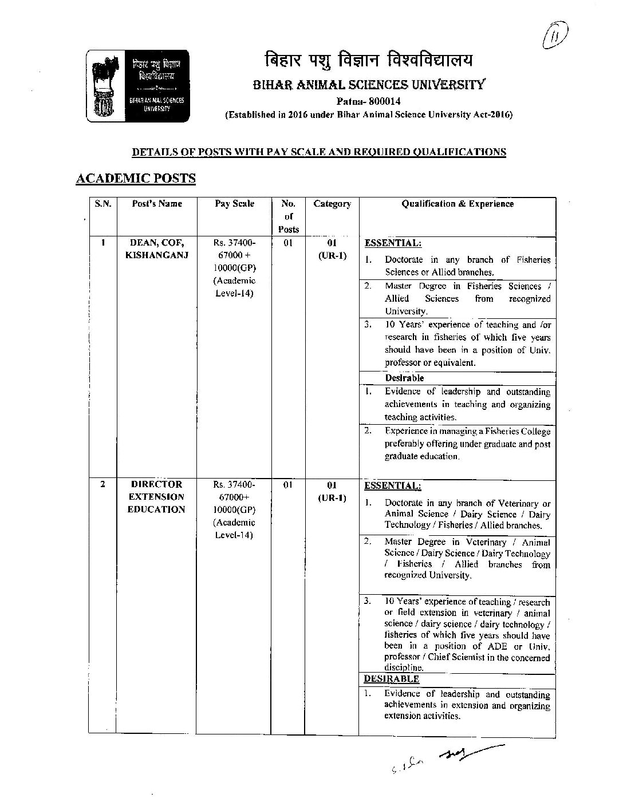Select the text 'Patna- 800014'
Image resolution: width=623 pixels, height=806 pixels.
368,101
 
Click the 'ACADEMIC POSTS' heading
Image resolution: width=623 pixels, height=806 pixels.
136,178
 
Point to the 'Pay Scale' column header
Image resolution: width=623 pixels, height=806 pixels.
234,204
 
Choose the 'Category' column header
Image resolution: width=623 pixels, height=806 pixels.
332,204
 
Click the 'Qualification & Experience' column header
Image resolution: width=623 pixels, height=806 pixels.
457,204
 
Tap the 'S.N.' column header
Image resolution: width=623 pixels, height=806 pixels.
102,204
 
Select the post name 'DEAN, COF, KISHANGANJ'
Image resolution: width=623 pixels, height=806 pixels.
156,249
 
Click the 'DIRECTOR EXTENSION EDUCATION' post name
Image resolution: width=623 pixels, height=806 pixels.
156,497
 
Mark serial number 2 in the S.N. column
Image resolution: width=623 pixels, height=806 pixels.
102,484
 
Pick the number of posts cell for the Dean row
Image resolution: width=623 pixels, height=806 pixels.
288,243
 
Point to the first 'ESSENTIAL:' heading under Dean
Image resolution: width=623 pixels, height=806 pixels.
393,243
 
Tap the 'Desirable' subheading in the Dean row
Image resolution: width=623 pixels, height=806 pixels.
404,378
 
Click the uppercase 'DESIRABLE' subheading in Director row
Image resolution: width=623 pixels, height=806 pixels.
392,679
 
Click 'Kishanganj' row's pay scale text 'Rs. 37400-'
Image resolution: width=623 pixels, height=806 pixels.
234,243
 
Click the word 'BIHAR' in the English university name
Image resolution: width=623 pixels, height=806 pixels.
274,85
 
